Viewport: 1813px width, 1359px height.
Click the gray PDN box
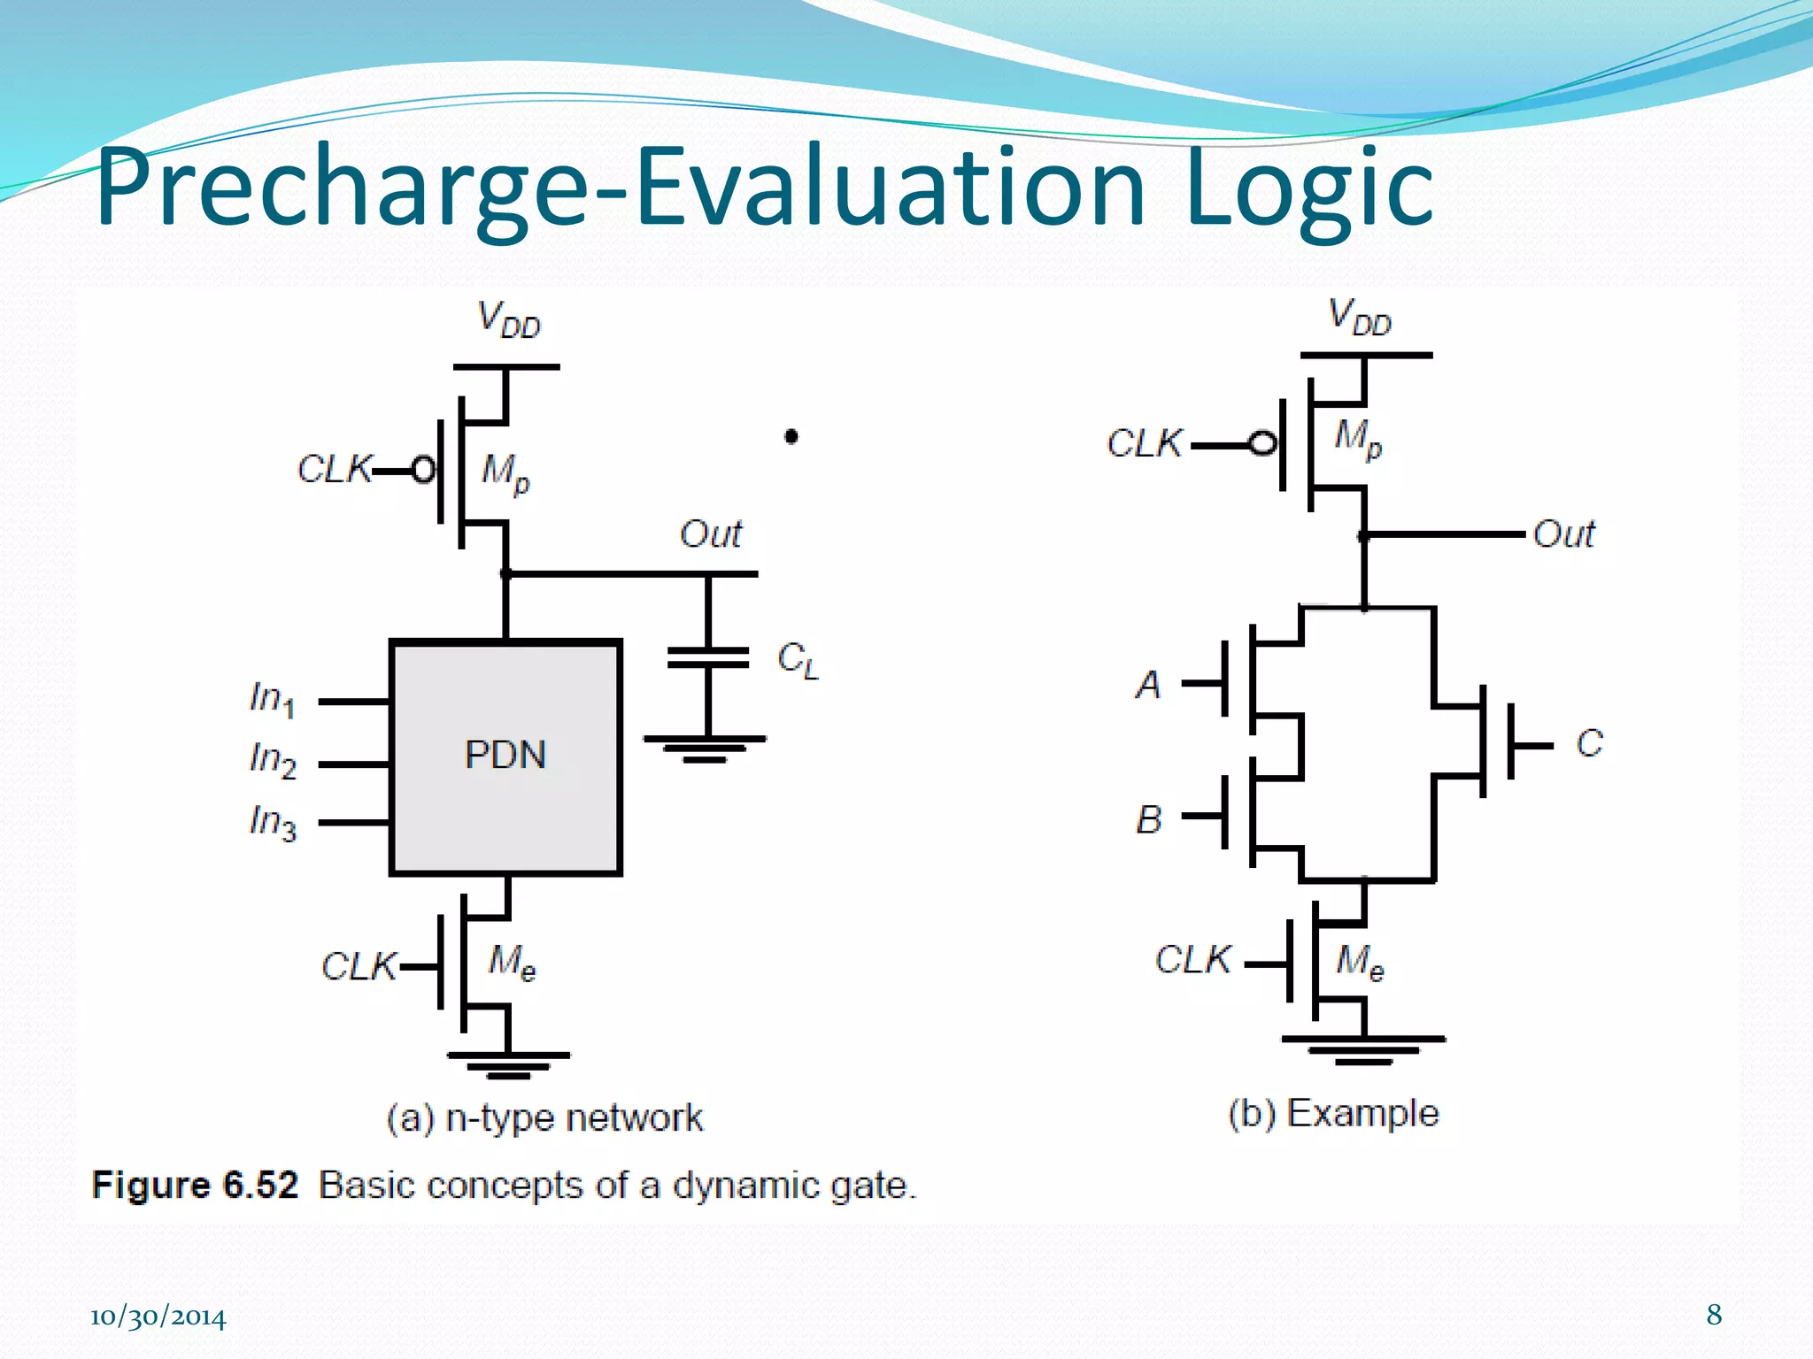click(x=505, y=757)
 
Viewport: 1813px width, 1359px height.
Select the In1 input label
click(x=272, y=699)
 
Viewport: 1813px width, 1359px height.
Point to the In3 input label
click(x=273, y=822)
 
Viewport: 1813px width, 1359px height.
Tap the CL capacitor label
click(x=798, y=660)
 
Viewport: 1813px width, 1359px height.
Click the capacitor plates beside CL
click(x=707, y=657)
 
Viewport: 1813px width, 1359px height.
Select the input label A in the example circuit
click(x=1148, y=685)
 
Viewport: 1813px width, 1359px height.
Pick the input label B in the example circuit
click(x=1148, y=819)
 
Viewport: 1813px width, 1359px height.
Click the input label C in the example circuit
click(x=1589, y=743)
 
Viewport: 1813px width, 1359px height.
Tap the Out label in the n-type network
click(x=710, y=534)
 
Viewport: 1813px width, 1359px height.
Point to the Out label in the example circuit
click(x=1563, y=534)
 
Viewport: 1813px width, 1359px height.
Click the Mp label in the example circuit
click(x=1357, y=438)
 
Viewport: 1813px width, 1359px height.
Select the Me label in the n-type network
click(x=512, y=962)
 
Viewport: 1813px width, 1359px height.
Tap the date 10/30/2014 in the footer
click(x=158, y=1317)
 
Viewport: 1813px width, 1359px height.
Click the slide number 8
click(x=1714, y=1315)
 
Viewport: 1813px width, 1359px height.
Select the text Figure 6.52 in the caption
click(x=195, y=1186)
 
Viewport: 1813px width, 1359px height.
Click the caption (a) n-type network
click(x=544, y=1118)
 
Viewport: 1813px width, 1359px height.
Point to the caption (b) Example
click(x=1333, y=1113)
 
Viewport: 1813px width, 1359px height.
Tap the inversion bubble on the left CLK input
click(x=424, y=470)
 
